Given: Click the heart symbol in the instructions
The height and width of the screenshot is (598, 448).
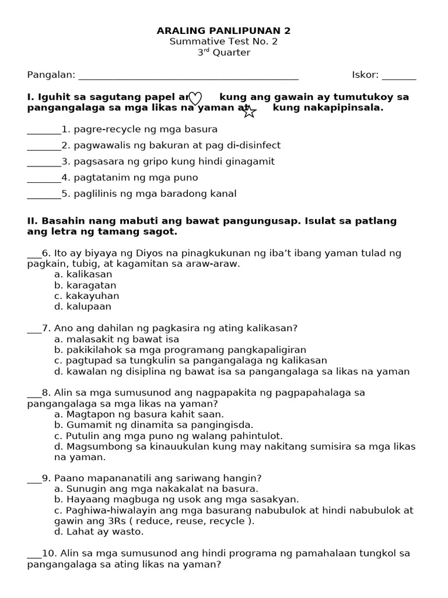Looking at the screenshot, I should click(x=195, y=98).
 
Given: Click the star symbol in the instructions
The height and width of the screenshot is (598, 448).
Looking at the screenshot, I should click(x=249, y=111).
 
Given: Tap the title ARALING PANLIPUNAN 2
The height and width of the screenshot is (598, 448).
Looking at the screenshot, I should click(x=224, y=30).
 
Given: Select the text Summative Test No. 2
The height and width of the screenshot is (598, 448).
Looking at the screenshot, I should click(x=224, y=41).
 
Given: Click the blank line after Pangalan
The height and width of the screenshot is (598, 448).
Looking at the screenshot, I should click(x=188, y=75).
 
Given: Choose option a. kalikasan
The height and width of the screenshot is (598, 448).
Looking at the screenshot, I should click(x=83, y=274).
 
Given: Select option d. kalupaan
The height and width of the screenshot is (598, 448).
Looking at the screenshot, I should click(x=82, y=307).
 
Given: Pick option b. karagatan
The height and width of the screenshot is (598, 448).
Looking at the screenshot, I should click(x=85, y=285).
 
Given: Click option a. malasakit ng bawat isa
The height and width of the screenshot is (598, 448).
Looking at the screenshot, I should click(x=117, y=339).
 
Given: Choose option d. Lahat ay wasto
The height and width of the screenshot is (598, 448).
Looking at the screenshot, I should click(x=99, y=531).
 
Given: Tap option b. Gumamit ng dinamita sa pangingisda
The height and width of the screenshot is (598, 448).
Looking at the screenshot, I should click(x=154, y=425).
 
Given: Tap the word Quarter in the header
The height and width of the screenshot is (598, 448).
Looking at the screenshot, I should click(x=231, y=53).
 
